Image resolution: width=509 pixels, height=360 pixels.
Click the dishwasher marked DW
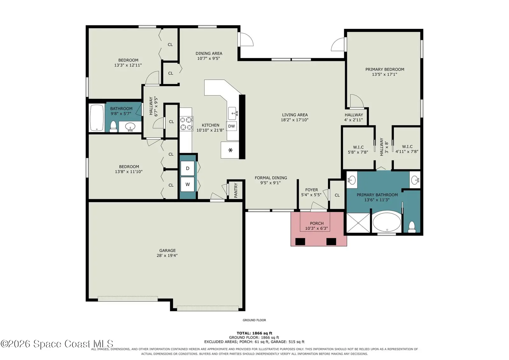click(x=232, y=126)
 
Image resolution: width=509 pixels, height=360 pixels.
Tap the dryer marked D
click(x=187, y=168)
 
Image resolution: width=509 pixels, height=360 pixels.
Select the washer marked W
click(x=187, y=184)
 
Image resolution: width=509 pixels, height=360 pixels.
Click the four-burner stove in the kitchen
click(x=186, y=124)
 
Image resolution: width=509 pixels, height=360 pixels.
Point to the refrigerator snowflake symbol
click(x=230, y=150)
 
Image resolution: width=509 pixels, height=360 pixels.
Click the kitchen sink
click(x=233, y=113)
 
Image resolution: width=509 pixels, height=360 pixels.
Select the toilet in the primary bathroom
click(x=412, y=227)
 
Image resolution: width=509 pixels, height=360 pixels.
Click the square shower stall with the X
click(x=358, y=223)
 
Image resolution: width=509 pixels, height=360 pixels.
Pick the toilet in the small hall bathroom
click(x=113, y=126)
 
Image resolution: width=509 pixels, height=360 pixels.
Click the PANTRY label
click(x=236, y=190)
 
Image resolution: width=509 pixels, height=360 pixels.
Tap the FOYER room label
click(x=311, y=190)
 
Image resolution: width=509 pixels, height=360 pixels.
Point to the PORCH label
click(x=317, y=223)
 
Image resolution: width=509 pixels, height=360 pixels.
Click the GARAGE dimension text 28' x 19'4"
click(x=167, y=255)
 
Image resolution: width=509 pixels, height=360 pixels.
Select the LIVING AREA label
click(x=295, y=115)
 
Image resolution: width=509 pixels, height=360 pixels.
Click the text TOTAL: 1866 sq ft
click(x=254, y=333)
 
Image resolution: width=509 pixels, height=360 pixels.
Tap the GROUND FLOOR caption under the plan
click(x=254, y=320)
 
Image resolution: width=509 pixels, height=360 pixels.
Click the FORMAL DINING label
click(x=271, y=178)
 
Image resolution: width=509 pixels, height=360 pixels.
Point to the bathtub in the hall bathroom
click(x=97, y=117)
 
